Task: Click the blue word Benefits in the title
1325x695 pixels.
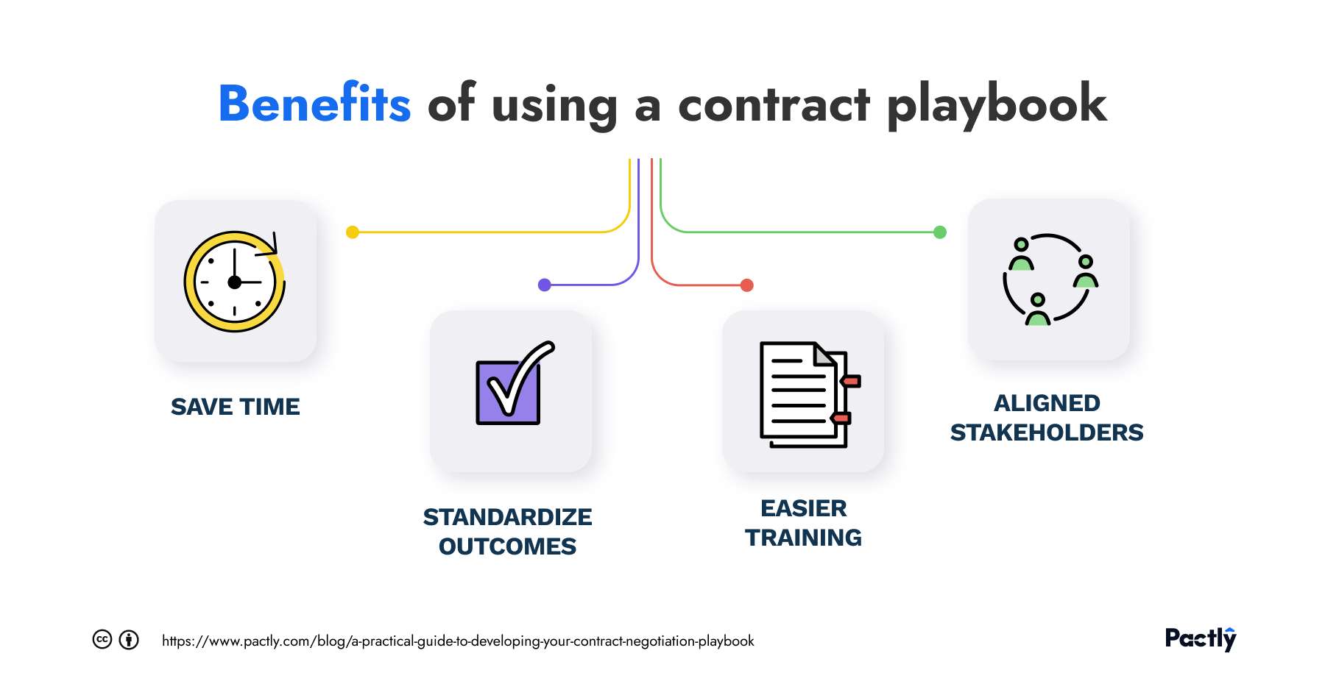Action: point(314,104)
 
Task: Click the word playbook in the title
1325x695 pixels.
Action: point(996,105)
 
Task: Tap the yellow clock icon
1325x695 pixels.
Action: point(234,282)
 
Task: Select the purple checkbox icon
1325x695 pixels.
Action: point(512,385)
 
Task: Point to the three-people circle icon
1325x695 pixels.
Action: point(1048,280)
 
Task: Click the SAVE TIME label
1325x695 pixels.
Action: point(235,407)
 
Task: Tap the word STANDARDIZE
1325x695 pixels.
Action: point(507,517)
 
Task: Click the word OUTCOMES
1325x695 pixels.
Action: point(507,546)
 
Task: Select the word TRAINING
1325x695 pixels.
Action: point(803,538)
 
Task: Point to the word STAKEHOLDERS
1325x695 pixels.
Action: point(1046,432)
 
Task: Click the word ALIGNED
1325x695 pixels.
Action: point(1046,403)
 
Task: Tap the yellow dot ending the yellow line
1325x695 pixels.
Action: point(353,232)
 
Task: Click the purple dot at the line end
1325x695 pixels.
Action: point(545,285)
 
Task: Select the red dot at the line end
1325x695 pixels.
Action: point(747,285)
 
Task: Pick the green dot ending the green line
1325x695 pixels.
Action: point(940,232)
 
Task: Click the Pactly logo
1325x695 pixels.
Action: point(1200,638)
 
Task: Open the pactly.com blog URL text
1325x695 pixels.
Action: point(458,641)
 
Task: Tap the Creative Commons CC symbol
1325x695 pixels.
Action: point(102,640)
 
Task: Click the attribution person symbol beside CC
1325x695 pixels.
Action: point(129,640)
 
